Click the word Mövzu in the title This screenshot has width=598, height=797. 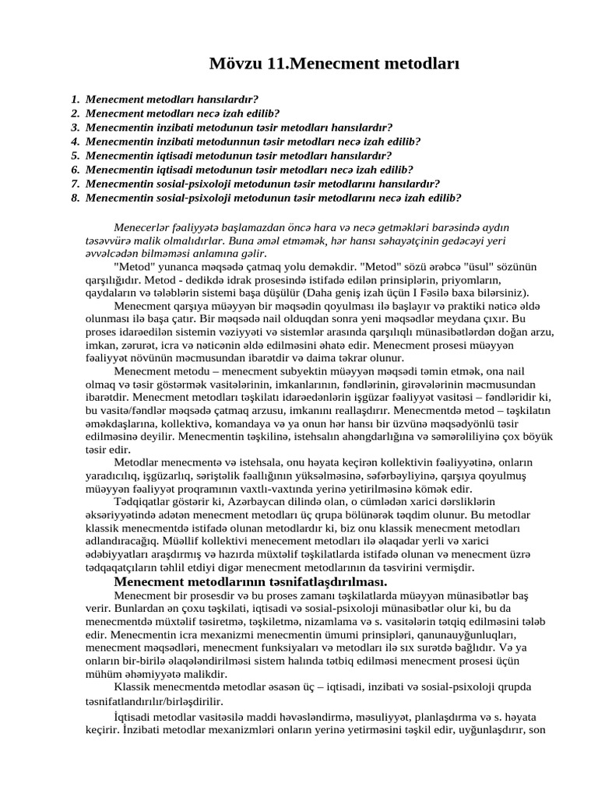236,64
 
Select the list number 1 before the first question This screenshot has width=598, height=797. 75,100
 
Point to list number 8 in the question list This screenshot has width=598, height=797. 75,198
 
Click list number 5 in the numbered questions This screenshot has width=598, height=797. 75,156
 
